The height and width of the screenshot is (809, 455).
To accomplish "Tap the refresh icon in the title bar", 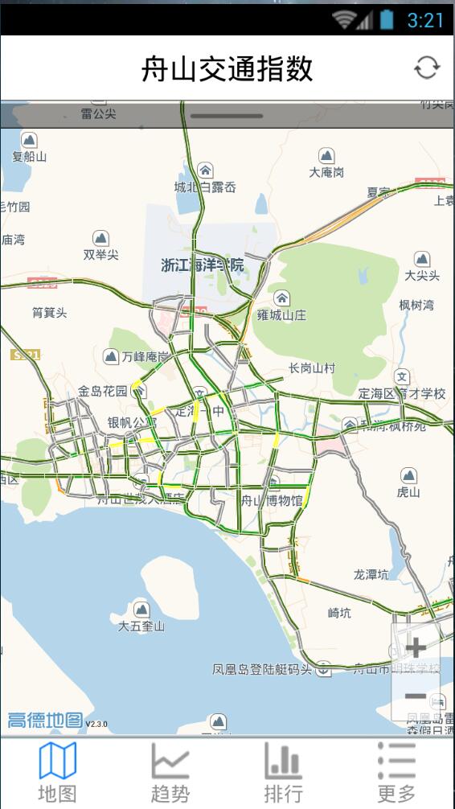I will (x=427, y=68).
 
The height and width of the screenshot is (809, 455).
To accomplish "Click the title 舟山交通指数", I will (x=227, y=69).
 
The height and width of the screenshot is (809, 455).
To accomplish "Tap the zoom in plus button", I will (x=416, y=648).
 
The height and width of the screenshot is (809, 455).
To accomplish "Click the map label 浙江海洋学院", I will (x=202, y=265).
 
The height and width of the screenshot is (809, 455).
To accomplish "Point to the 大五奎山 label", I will (x=141, y=625).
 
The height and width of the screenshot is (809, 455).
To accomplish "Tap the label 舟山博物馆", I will (x=272, y=500).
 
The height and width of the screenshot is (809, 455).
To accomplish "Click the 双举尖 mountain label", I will (x=100, y=254).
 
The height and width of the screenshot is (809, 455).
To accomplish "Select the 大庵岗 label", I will (x=326, y=172).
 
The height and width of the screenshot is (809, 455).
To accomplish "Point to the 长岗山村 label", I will (x=312, y=368).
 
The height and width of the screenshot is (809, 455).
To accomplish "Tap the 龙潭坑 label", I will (x=371, y=574).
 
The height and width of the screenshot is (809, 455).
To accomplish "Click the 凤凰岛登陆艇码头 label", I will (x=262, y=669).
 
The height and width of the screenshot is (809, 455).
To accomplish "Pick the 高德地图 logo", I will (x=46, y=720).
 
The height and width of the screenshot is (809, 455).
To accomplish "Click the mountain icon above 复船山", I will (x=29, y=140).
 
